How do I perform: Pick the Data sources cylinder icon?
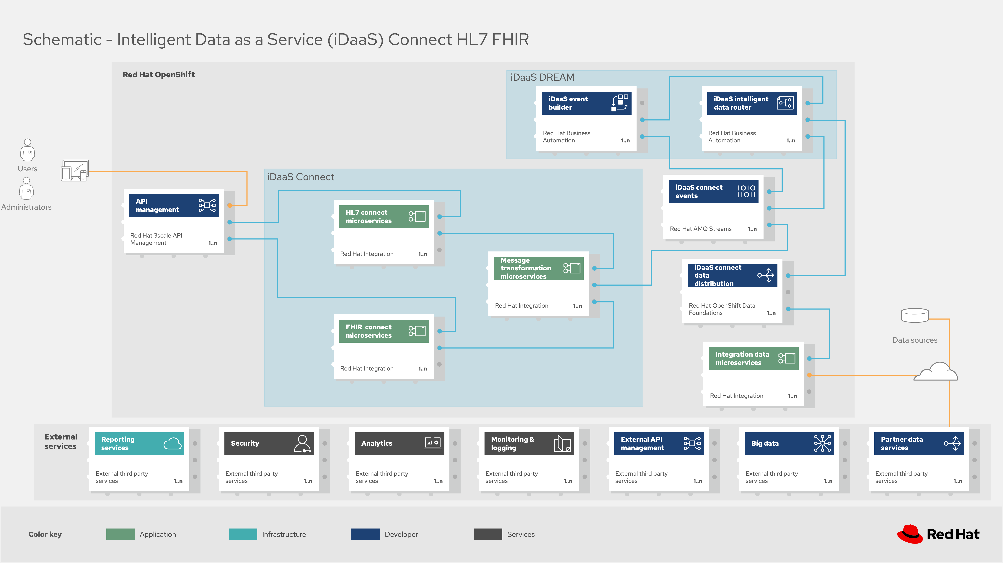coord(915,315)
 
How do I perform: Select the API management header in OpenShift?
coord(174,205)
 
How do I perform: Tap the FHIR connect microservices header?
coord(384,331)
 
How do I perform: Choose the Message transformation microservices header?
coord(539,268)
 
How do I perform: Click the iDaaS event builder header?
coord(586,103)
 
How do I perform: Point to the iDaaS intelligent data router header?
coord(752,103)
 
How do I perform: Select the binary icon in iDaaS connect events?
coord(746,191)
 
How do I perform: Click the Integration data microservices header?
coord(754,358)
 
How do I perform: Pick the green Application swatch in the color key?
coord(120,534)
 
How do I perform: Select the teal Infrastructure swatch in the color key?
coord(243,534)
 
